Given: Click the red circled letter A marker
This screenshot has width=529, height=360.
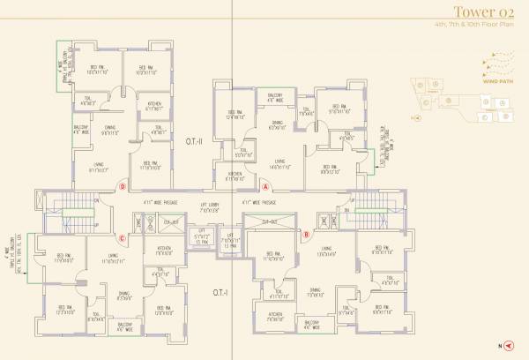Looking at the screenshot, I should click(x=266, y=187).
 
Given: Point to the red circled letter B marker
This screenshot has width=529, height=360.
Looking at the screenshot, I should click(x=307, y=235).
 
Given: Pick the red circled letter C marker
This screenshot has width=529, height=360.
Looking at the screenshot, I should click(x=123, y=236).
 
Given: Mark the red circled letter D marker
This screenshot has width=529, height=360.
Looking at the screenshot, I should click(x=123, y=185).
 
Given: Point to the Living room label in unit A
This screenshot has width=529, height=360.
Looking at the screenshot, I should click(x=279, y=161).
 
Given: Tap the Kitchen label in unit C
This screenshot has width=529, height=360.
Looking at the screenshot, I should click(x=164, y=249).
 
